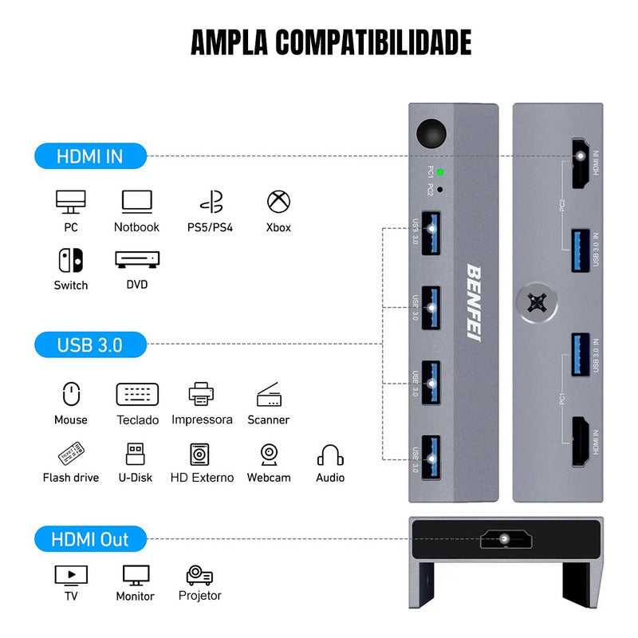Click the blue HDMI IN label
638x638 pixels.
point(90,156)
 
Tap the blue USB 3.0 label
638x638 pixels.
point(90,345)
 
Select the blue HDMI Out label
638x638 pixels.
point(90,540)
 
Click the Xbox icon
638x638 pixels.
point(278,202)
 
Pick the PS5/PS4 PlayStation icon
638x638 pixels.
point(210,202)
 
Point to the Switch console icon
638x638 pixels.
point(71,260)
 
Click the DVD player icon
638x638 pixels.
point(137,260)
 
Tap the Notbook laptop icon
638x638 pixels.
point(136,202)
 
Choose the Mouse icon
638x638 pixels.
point(71,394)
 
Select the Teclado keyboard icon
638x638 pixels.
point(137,394)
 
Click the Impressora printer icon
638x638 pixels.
point(202,394)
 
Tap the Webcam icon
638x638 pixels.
point(269,454)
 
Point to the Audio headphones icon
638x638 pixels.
point(330,455)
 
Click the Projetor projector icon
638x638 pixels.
point(199,574)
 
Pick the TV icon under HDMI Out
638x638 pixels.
point(71,574)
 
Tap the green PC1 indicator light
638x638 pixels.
point(440,172)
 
